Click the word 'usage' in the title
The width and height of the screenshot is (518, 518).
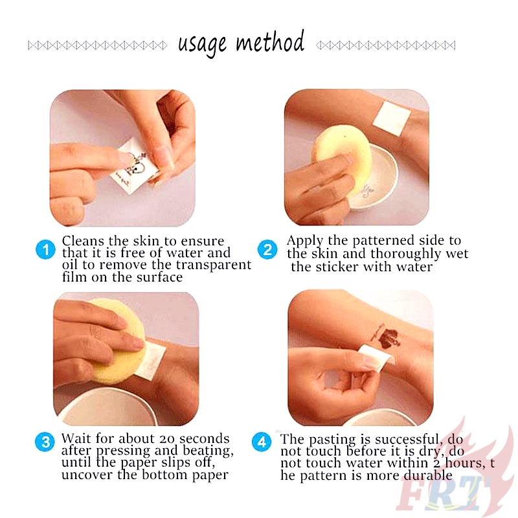[x=202, y=44]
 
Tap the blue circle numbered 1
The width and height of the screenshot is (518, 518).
[x=45, y=249]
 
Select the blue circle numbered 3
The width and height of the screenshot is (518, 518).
[x=45, y=444]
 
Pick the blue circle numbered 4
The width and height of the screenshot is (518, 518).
[x=262, y=444]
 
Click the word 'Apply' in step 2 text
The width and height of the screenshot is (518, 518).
[x=304, y=241]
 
